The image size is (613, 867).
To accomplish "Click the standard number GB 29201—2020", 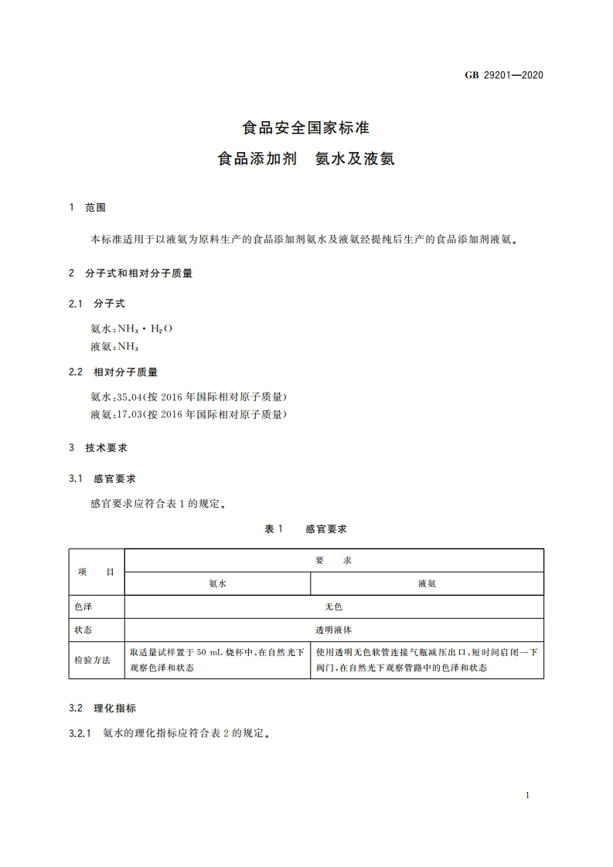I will point(505,75).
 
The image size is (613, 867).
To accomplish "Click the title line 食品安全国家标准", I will point(306,127).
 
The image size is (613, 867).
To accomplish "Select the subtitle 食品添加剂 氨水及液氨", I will point(306,160).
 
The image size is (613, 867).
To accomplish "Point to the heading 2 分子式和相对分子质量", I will point(130,273).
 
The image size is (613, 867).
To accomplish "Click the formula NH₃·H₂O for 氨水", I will point(145,328).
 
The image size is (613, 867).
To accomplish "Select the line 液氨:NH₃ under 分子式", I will point(114,347).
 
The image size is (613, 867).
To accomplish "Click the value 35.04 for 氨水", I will point(129,396).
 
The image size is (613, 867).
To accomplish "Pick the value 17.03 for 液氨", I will point(129,415).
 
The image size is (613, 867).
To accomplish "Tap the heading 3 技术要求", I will point(97,447).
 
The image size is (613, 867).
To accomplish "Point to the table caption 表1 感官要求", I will point(306,529).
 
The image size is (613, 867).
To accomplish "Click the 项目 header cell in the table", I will point(97,572).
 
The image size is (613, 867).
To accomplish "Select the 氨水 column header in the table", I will point(217,583).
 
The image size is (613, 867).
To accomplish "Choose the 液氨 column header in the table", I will point(427,583).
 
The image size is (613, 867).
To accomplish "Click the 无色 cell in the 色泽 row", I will point(334,607).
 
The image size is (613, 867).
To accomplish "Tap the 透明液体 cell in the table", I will point(334,630).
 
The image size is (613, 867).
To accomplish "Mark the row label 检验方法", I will point(93,660).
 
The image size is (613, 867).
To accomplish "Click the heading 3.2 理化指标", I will point(103,708).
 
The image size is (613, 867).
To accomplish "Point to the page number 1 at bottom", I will point(526,795).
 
